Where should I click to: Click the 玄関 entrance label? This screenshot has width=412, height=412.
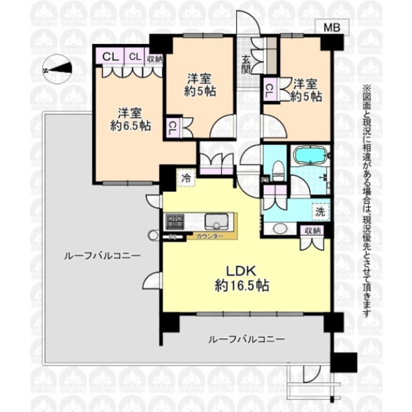click(x=246, y=65)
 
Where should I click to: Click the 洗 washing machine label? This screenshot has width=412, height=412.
click(x=320, y=210)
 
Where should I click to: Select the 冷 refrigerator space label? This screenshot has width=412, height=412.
click(x=186, y=178)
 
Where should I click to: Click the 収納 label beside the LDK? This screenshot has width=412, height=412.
click(x=311, y=230)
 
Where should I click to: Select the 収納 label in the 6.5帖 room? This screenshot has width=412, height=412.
click(x=154, y=57)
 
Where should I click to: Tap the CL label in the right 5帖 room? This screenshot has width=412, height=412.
click(x=270, y=91)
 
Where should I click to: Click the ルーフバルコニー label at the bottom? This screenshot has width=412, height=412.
click(x=247, y=339)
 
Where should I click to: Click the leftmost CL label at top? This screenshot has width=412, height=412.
click(x=109, y=57)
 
